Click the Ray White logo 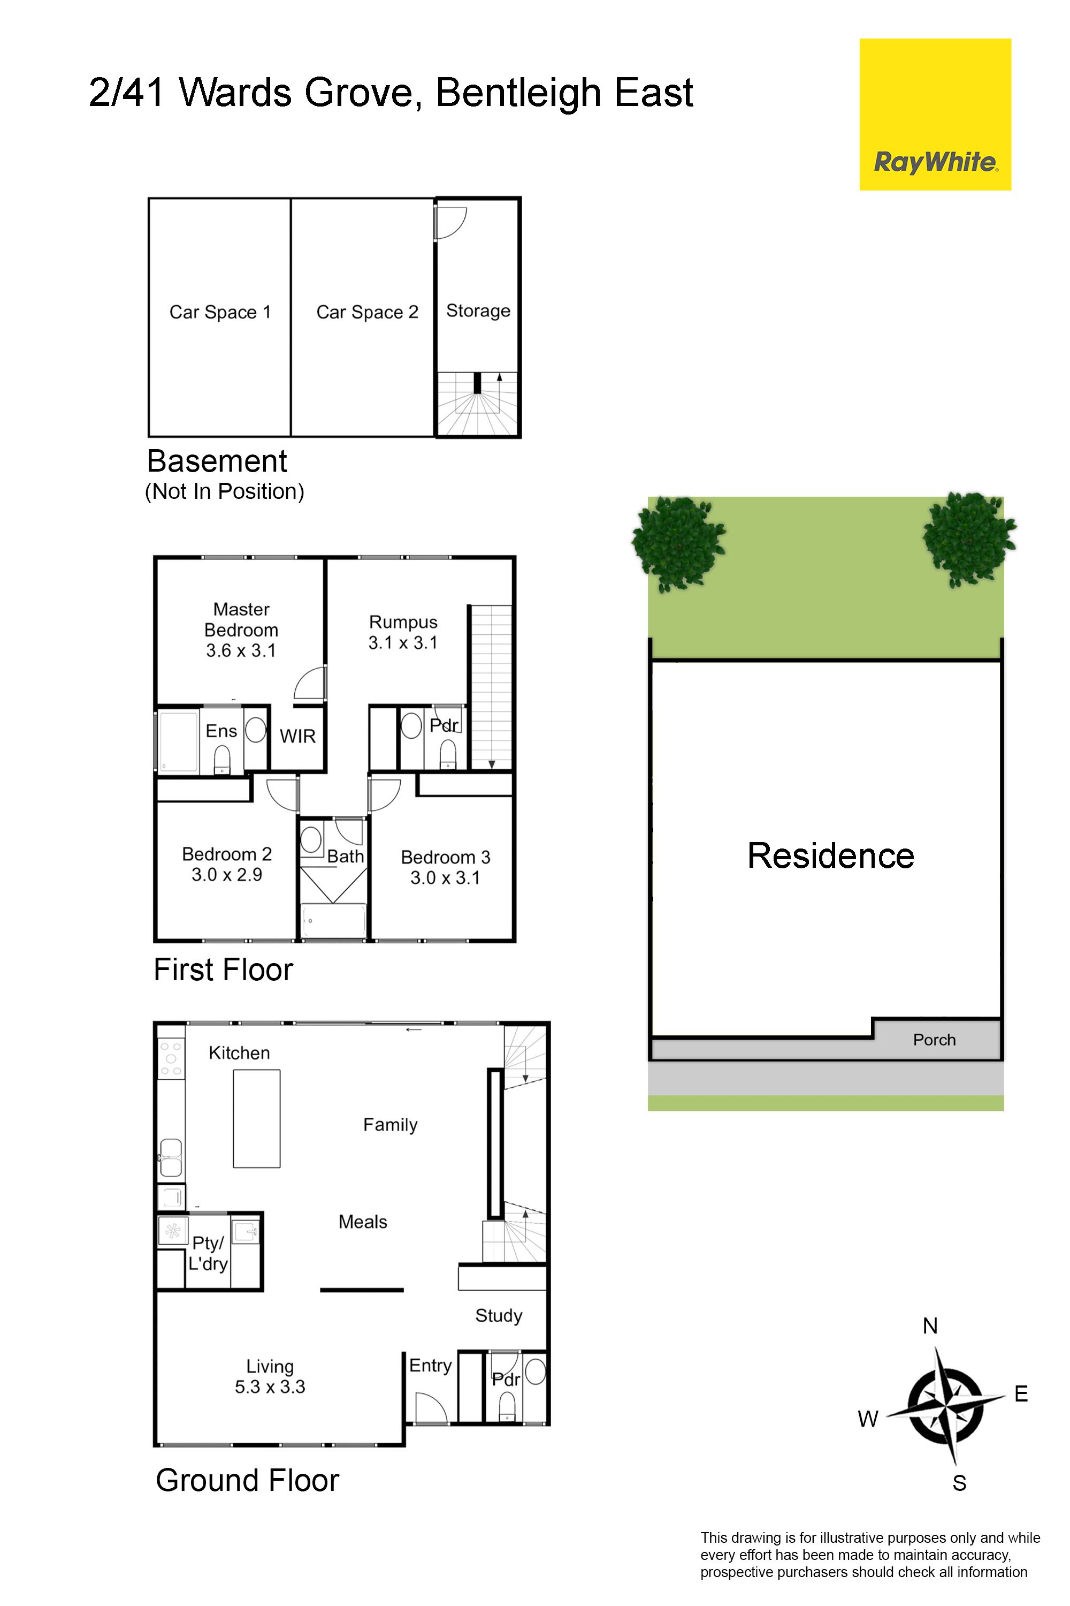tap(935, 114)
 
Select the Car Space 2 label tap(367, 312)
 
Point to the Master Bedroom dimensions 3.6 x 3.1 tap(241, 651)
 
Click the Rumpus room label tap(403, 622)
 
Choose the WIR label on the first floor tap(297, 736)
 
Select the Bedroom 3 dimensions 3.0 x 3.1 tap(445, 878)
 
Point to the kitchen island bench tap(257, 1118)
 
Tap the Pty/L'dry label tap(208, 1253)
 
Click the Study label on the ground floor tap(499, 1316)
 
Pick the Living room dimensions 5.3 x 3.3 tap(270, 1387)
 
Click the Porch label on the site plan tap(934, 1040)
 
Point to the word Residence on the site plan tap(830, 855)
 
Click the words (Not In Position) tap(225, 491)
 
